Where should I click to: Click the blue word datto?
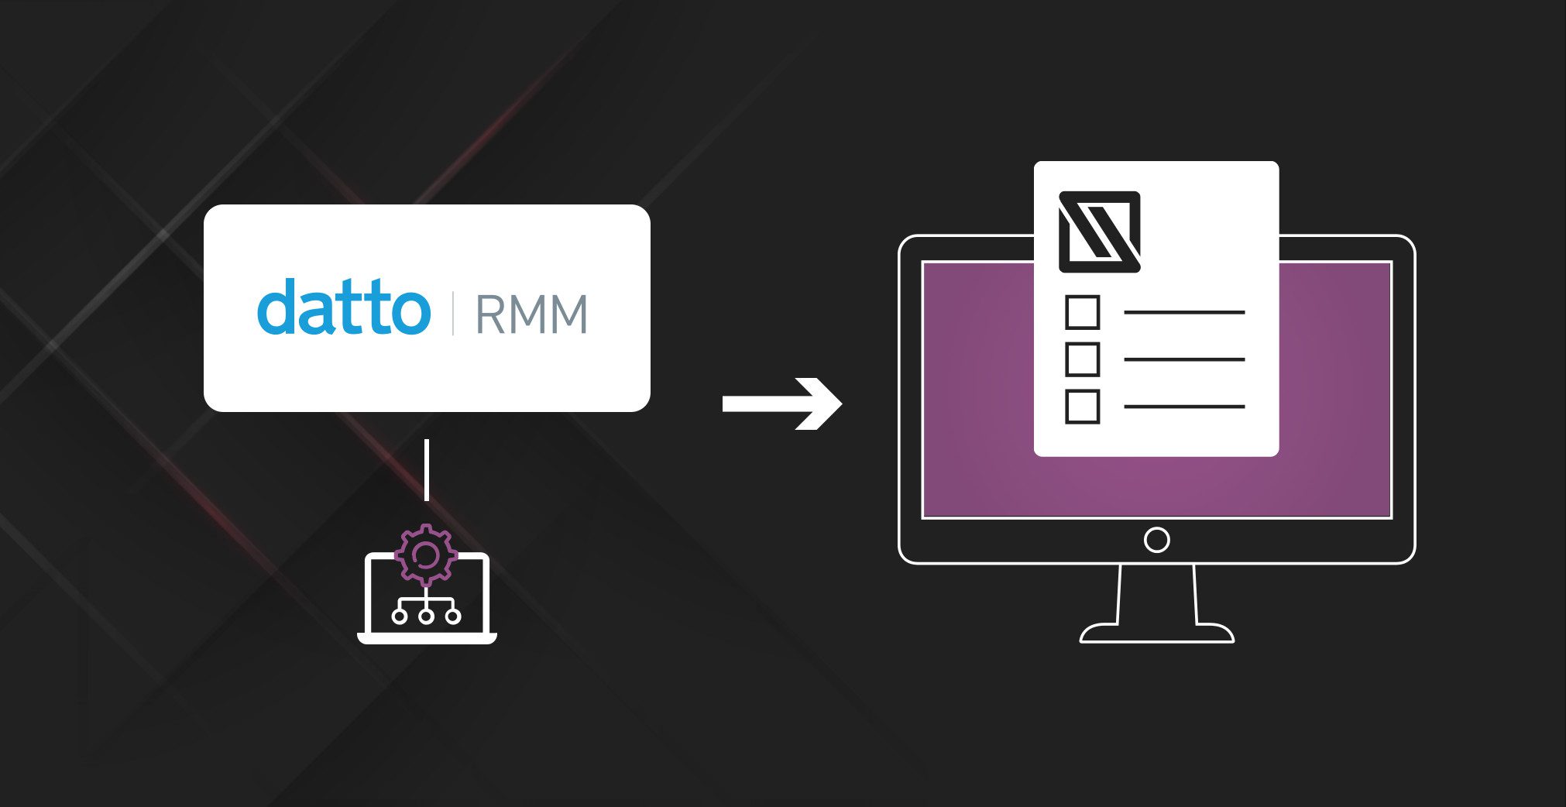point(343,308)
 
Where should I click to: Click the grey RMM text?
point(531,314)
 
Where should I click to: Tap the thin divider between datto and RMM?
point(453,313)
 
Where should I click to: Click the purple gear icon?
point(425,555)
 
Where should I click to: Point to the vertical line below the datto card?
point(427,469)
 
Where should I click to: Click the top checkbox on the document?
point(1082,312)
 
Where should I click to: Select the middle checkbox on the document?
point(1082,359)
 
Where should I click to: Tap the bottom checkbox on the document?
point(1082,407)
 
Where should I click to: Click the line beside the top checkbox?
point(1183,312)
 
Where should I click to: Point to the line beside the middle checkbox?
point(1183,359)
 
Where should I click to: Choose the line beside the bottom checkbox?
point(1183,407)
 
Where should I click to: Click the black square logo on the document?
point(1099,232)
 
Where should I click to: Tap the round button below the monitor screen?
point(1156,540)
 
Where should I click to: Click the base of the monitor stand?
point(1156,634)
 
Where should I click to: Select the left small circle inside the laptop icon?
point(400,616)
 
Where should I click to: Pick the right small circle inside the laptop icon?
point(453,616)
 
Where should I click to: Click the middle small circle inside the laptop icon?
point(426,616)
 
